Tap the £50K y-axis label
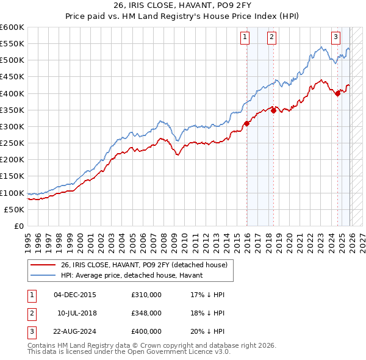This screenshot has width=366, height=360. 14,209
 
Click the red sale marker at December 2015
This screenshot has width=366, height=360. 246,123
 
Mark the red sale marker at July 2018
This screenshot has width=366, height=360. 273,110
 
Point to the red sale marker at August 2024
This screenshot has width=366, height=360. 337,93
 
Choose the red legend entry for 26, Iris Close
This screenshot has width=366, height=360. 144,265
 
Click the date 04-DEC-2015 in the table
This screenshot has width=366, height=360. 75,295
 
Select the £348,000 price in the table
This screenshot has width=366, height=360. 146,312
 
